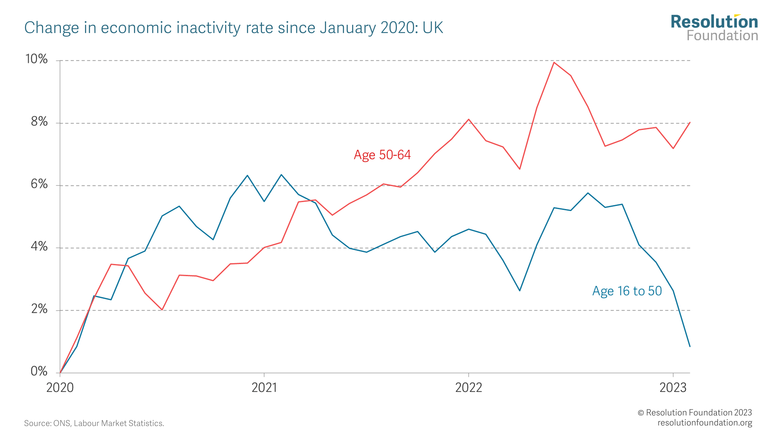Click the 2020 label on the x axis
[x=60, y=388]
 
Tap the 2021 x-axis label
[x=264, y=388]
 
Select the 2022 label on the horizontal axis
[x=468, y=388]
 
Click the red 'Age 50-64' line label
[x=382, y=155]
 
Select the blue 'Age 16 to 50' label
[x=627, y=291]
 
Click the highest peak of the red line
[x=554, y=62]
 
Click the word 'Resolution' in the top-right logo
[x=714, y=22]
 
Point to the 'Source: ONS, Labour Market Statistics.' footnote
[x=94, y=423]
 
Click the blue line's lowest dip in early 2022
[x=520, y=291]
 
